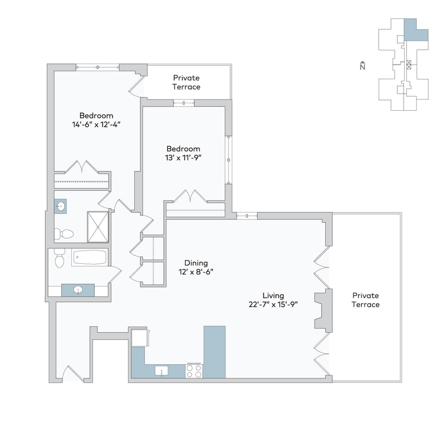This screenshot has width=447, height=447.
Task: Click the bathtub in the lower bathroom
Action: tap(89, 258)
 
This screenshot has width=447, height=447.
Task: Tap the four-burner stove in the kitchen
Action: tap(194, 371)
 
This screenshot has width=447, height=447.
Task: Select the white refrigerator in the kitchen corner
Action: tap(139, 337)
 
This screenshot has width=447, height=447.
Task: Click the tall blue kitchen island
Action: tap(214, 352)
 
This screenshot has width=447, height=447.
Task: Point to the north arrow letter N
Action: tap(362, 66)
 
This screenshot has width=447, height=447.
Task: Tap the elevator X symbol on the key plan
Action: tap(408, 64)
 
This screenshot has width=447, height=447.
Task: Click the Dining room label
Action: tap(196, 263)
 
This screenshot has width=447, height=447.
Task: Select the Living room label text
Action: tap(273, 296)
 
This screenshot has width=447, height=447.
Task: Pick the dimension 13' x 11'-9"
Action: tap(183, 158)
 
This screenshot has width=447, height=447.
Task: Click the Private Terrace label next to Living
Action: tap(366, 300)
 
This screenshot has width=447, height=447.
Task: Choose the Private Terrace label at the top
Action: tap(186, 82)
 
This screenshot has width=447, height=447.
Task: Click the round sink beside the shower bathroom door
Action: tap(61, 206)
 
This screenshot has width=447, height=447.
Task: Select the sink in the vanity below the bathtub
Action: tap(78, 290)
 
